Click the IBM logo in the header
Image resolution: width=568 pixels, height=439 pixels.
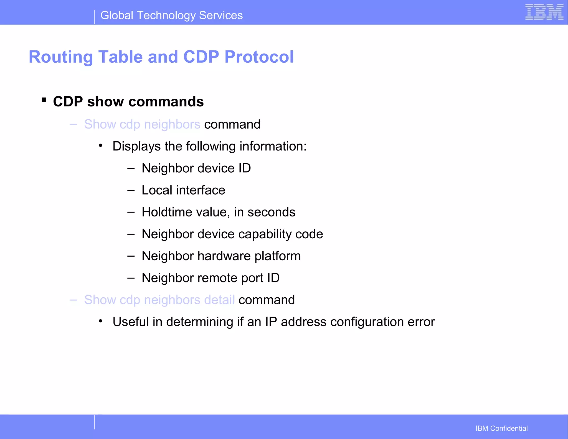[x=544, y=12]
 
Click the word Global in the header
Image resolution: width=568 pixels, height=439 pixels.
[x=117, y=16]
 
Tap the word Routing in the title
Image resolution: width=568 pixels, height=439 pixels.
[x=61, y=57]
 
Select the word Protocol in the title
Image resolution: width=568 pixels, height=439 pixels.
[x=259, y=57]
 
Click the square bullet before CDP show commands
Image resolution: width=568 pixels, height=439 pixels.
[x=44, y=100]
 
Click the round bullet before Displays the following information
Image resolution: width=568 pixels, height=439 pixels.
[x=101, y=146]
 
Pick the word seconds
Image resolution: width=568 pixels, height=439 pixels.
[x=271, y=212]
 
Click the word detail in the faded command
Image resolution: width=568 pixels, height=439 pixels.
[x=219, y=300]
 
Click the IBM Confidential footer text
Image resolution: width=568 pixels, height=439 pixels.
[x=501, y=428]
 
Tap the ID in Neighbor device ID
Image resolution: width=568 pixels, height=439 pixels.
[x=244, y=168]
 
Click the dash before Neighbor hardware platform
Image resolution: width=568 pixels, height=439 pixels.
[x=131, y=256]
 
